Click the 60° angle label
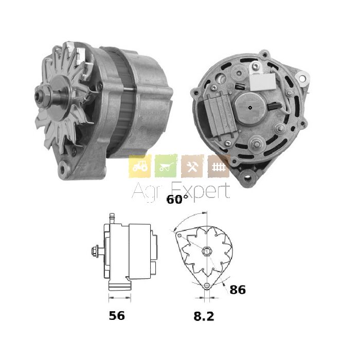177,200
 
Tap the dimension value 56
117,316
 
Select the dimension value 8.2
204,316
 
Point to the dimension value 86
238,290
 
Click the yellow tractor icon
140,166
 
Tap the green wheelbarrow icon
166,166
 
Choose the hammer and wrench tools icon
192,166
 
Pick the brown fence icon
219,166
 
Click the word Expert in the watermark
201,191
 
